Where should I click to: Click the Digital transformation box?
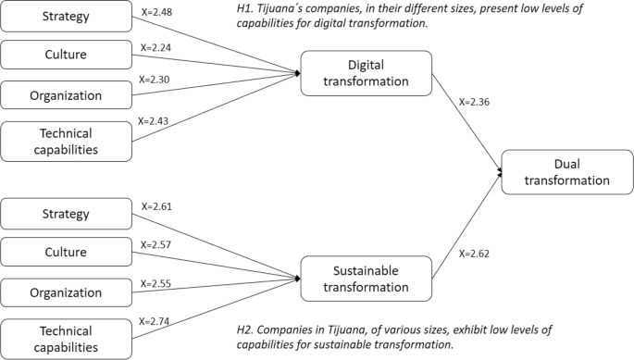(x=366, y=72)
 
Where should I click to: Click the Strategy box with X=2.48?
(x=65, y=16)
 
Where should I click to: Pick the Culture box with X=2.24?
(x=65, y=55)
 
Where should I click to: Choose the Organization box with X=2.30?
(x=65, y=93)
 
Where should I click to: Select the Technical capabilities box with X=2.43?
(x=65, y=140)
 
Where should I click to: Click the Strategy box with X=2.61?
(x=65, y=215)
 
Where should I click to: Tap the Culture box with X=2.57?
(x=65, y=254)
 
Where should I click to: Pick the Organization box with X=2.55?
(x=65, y=292)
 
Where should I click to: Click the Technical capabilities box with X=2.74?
(x=65, y=338)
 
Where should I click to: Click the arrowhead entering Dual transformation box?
(x=499, y=172)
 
